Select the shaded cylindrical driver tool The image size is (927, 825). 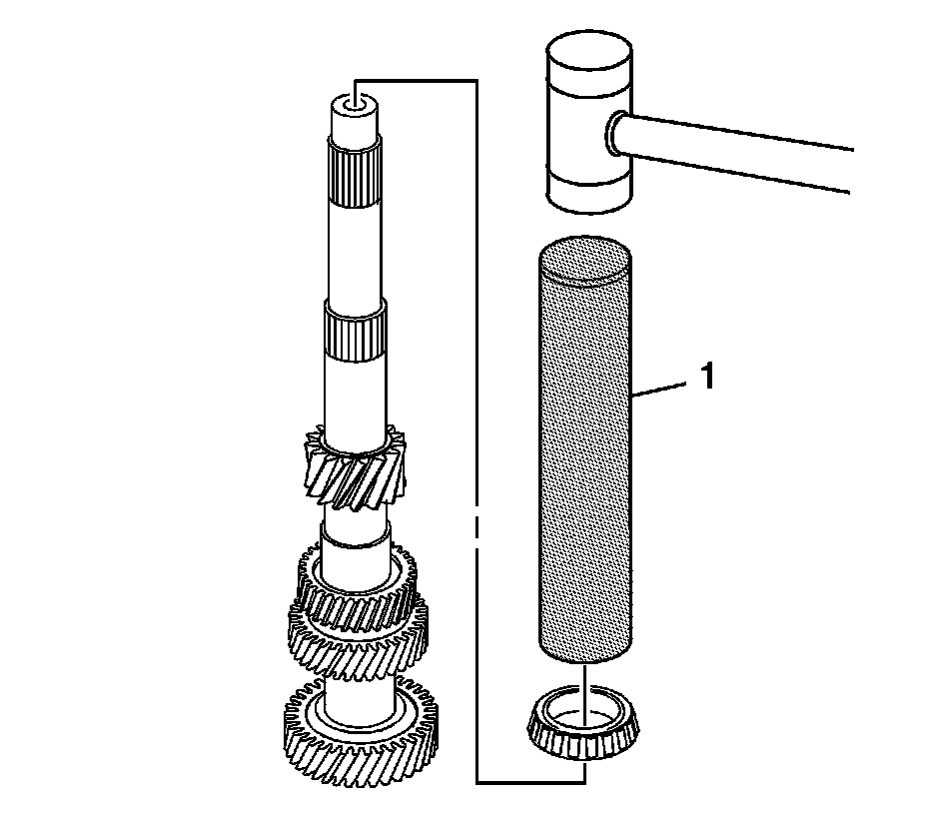pyautogui.click(x=585, y=459)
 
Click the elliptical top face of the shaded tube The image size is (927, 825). pyautogui.click(x=585, y=257)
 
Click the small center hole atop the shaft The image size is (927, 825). pyautogui.click(x=354, y=101)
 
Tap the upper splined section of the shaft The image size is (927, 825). pyautogui.click(x=354, y=174)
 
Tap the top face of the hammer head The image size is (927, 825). pyautogui.click(x=588, y=45)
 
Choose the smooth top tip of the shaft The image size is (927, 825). pyautogui.click(x=354, y=120)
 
